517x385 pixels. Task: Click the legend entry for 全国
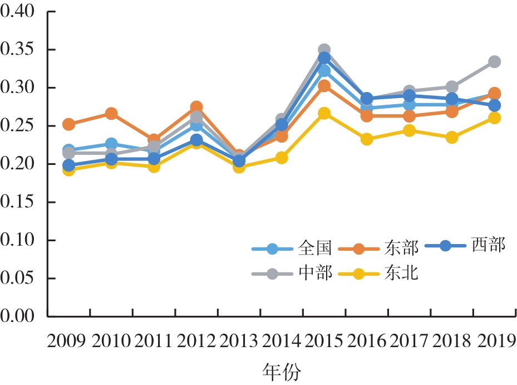[x=294, y=248]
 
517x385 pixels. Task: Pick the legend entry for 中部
[x=294, y=274]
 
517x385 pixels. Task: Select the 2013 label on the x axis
[x=238, y=340]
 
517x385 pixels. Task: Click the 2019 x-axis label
[x=494, y=340]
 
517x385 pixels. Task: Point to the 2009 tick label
[x=67, y=340]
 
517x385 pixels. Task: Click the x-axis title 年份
[x=281, y=371]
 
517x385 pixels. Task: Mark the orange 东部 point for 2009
[x=68, y=124]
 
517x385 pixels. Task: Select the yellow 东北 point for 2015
[x=324, y=114]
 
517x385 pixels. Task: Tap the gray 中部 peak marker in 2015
[x=324, y=50]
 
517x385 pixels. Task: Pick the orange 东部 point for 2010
[x=111, y=114]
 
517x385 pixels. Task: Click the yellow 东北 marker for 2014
[x=282, y=158]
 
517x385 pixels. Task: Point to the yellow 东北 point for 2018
[x=452, y=137]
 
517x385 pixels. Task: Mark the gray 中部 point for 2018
[x=452, y=87]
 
